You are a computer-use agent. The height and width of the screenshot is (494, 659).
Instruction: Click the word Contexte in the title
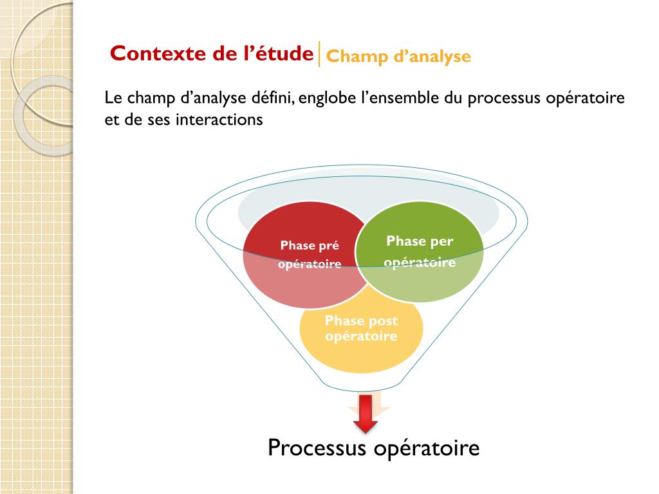tap(152, 53)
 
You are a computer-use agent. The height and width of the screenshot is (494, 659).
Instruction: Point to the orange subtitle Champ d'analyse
tap(398, 57)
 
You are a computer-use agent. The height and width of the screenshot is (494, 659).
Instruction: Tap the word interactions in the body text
tap(218, 120)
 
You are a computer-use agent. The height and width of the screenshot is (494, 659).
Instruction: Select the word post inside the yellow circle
tap(384, 321)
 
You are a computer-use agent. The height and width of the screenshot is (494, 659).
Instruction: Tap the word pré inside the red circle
tap(328, 245)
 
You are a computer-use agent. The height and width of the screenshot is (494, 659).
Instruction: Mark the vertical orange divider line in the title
tap(319, 54)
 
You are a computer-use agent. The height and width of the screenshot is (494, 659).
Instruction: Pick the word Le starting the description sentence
tap(112, 98)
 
